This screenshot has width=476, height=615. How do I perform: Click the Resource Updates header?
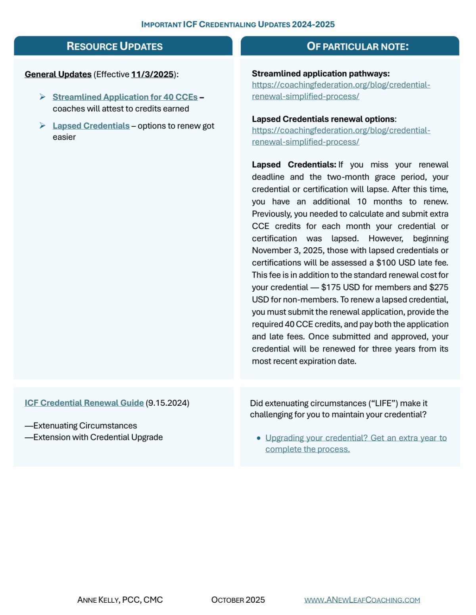pyautogui.click(x=115, y=46)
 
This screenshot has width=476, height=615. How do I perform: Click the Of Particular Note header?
pyautogui.click(x=357, y=46)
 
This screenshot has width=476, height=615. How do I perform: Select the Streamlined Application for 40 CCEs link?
pyautogui.click(x=125, y=97)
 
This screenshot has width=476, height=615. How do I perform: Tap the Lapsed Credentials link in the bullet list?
pyautogui.click(x=91, y=126)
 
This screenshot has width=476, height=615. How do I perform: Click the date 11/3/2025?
pyautogui.click(x=152, y=74)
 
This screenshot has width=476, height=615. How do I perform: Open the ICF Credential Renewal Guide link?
pyautogui.click(x=84, y=403)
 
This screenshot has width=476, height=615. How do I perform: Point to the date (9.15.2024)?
pyautogui.click(x=167, y=403)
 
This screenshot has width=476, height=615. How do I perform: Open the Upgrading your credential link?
pyautogui.click(x=356, y=438)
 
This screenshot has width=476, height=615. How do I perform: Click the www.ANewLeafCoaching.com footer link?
pyautogui.click(x=362, y=600)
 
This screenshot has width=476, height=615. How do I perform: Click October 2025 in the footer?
pyautogui.click(x=238, y=600)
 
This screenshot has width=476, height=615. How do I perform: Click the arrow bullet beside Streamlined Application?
pyautogui.click(x=42, y=97)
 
